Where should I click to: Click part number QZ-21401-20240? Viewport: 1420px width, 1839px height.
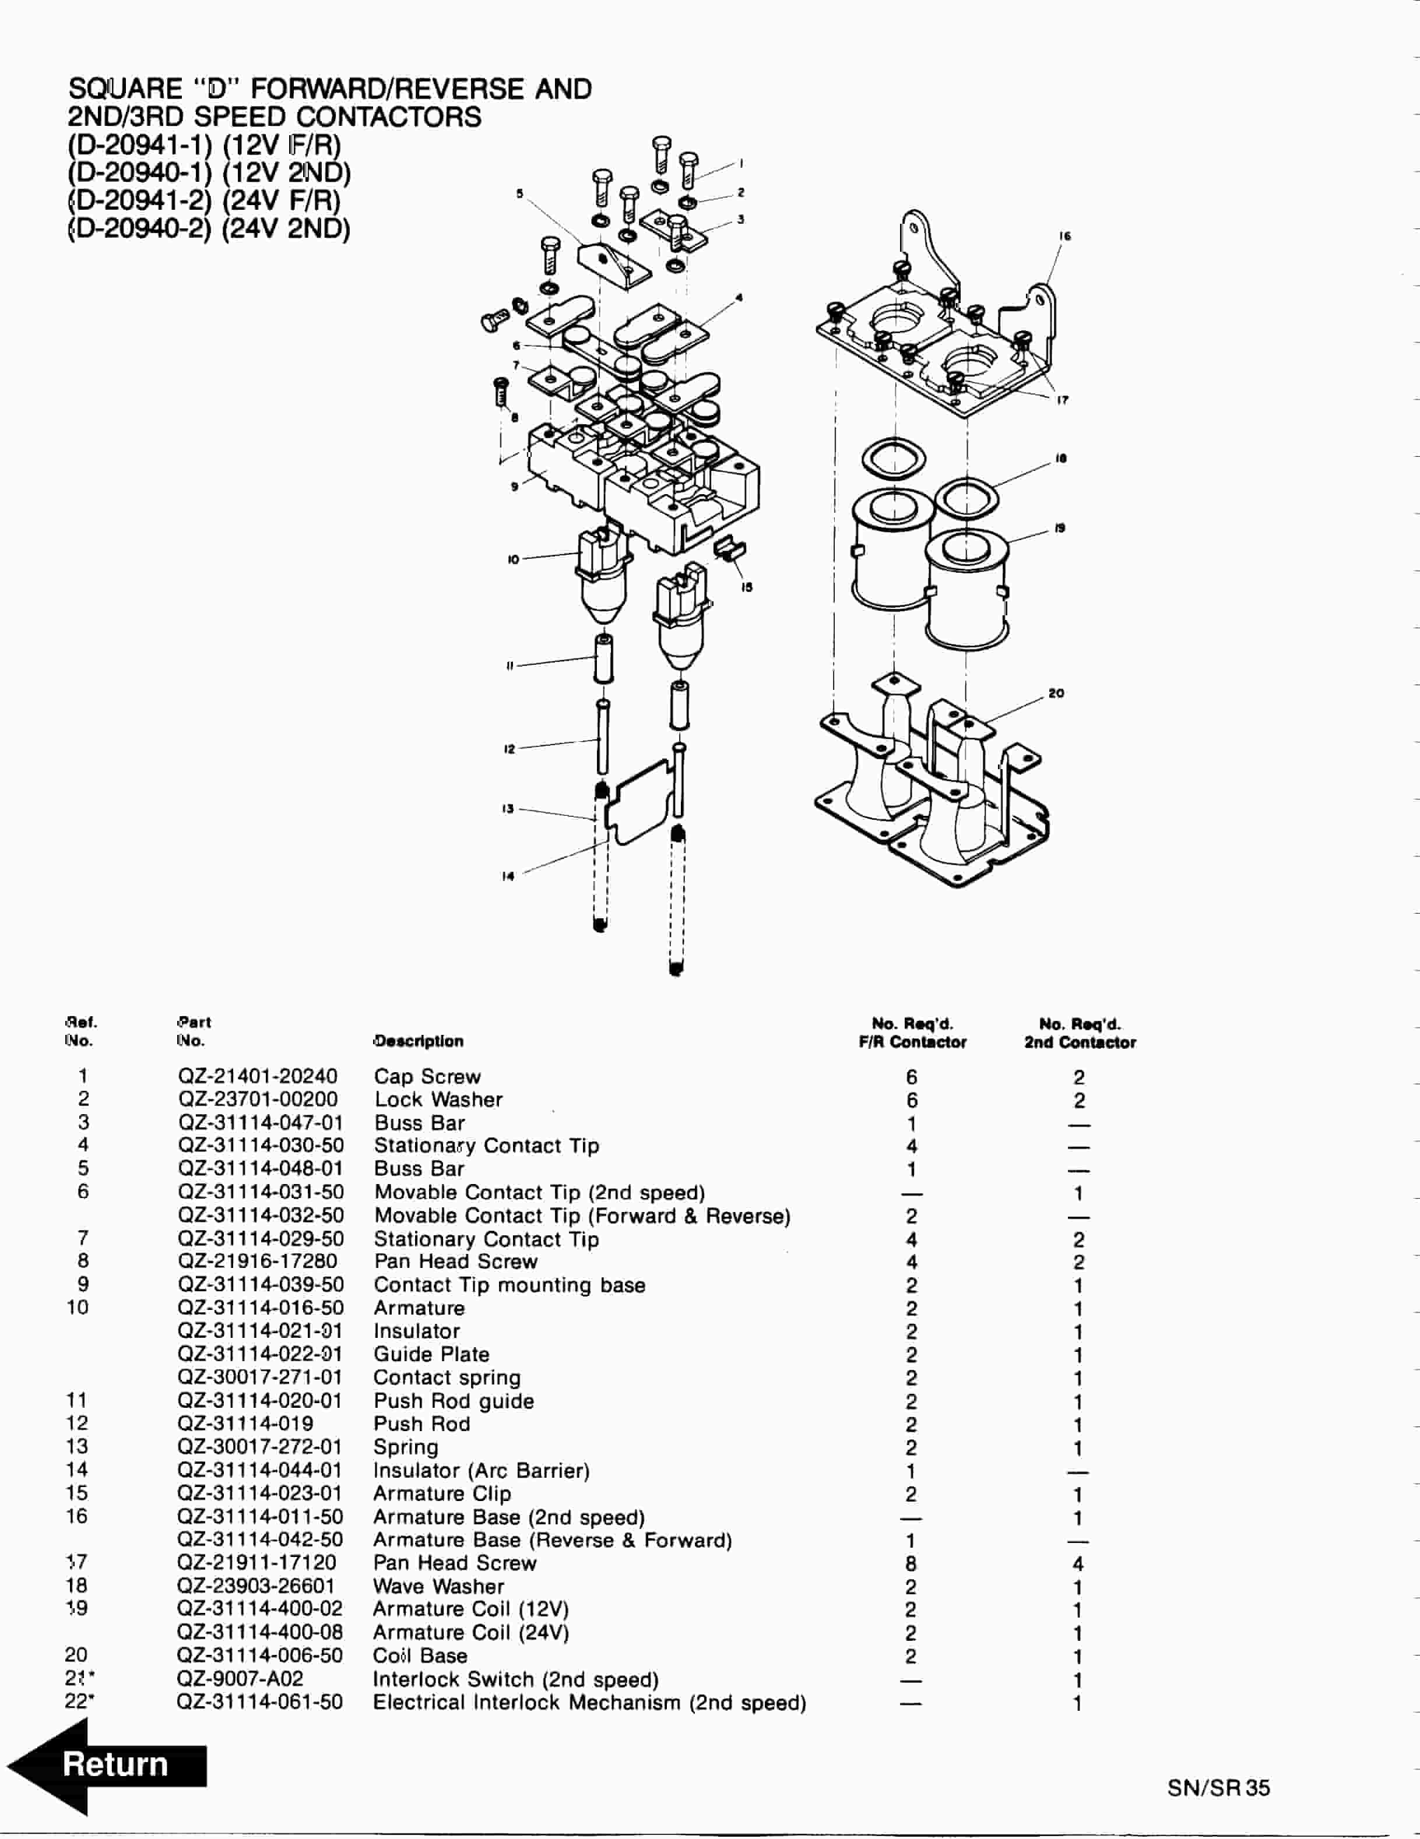click(257, 1076)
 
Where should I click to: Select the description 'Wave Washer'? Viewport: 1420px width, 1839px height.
click(438, 1586)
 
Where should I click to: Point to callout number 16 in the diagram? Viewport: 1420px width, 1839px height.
click(1064, 237)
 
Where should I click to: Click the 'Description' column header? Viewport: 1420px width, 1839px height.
click(418, 1042)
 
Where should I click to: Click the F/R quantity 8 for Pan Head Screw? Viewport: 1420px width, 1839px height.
click(911, 1563)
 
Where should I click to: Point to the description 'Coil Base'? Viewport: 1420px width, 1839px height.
click(420, 1655)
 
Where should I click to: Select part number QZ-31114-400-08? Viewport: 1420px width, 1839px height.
click(259, 1632)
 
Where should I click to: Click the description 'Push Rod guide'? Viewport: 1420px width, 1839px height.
click(453, 1401)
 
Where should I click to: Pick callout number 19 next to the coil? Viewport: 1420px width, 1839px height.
click(1060, 529)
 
